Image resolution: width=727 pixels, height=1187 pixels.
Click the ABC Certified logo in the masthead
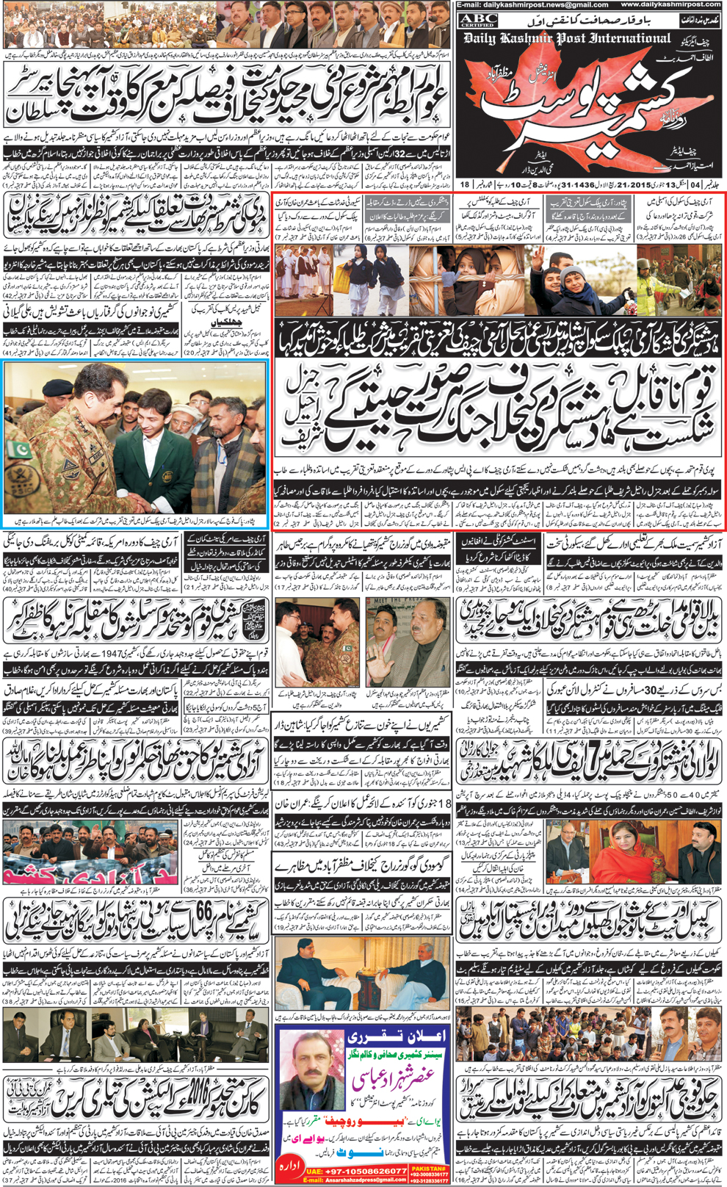(x=478, y=21)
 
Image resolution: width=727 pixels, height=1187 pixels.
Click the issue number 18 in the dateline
(x=464, y=184)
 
